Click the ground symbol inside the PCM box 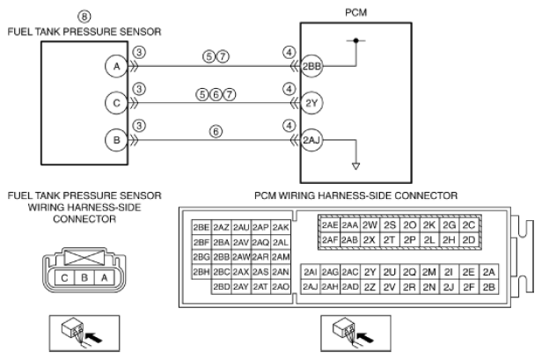pos(355,166)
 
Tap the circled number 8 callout pos(84,17)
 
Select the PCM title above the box pos(355,12)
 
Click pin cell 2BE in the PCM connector pos(201,227)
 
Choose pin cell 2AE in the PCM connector pos(330,225)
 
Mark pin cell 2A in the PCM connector pos(489,272)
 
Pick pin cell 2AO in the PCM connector pos(281,287)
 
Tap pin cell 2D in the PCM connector pos(469,239)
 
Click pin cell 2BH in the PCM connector pos(201,272)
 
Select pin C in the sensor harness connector pos(64,277)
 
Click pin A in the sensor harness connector pos(104,277)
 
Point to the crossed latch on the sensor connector pos(84,258)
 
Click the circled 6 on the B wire pos(216,131)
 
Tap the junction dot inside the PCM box pos(355,40)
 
